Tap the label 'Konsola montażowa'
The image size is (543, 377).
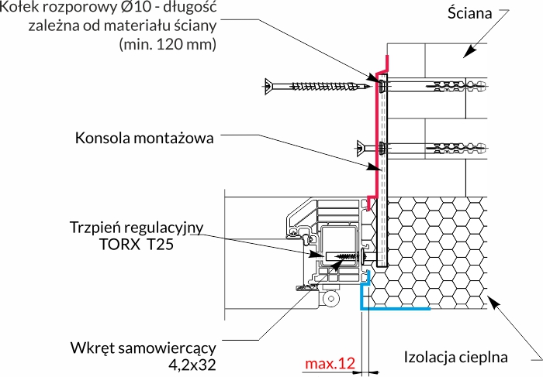(x=144, y=139)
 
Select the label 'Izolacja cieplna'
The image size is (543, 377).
(x=456, y=357)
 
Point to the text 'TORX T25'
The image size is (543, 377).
(x=136, y=245)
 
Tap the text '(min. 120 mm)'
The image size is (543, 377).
(x=168, y=45)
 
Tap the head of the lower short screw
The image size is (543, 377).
(x=361, y=146)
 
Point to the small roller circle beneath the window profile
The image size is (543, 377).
(x=332, y=296)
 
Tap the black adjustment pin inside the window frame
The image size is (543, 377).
(x=342, y=255)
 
